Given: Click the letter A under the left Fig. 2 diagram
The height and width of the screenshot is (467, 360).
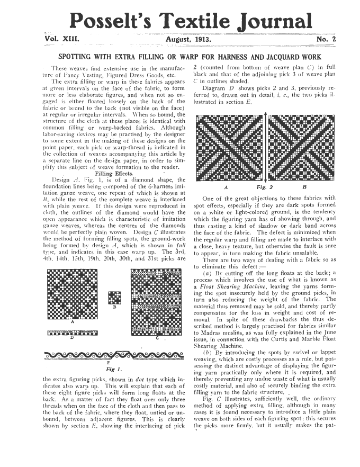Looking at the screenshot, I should click(x=227, y=187).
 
